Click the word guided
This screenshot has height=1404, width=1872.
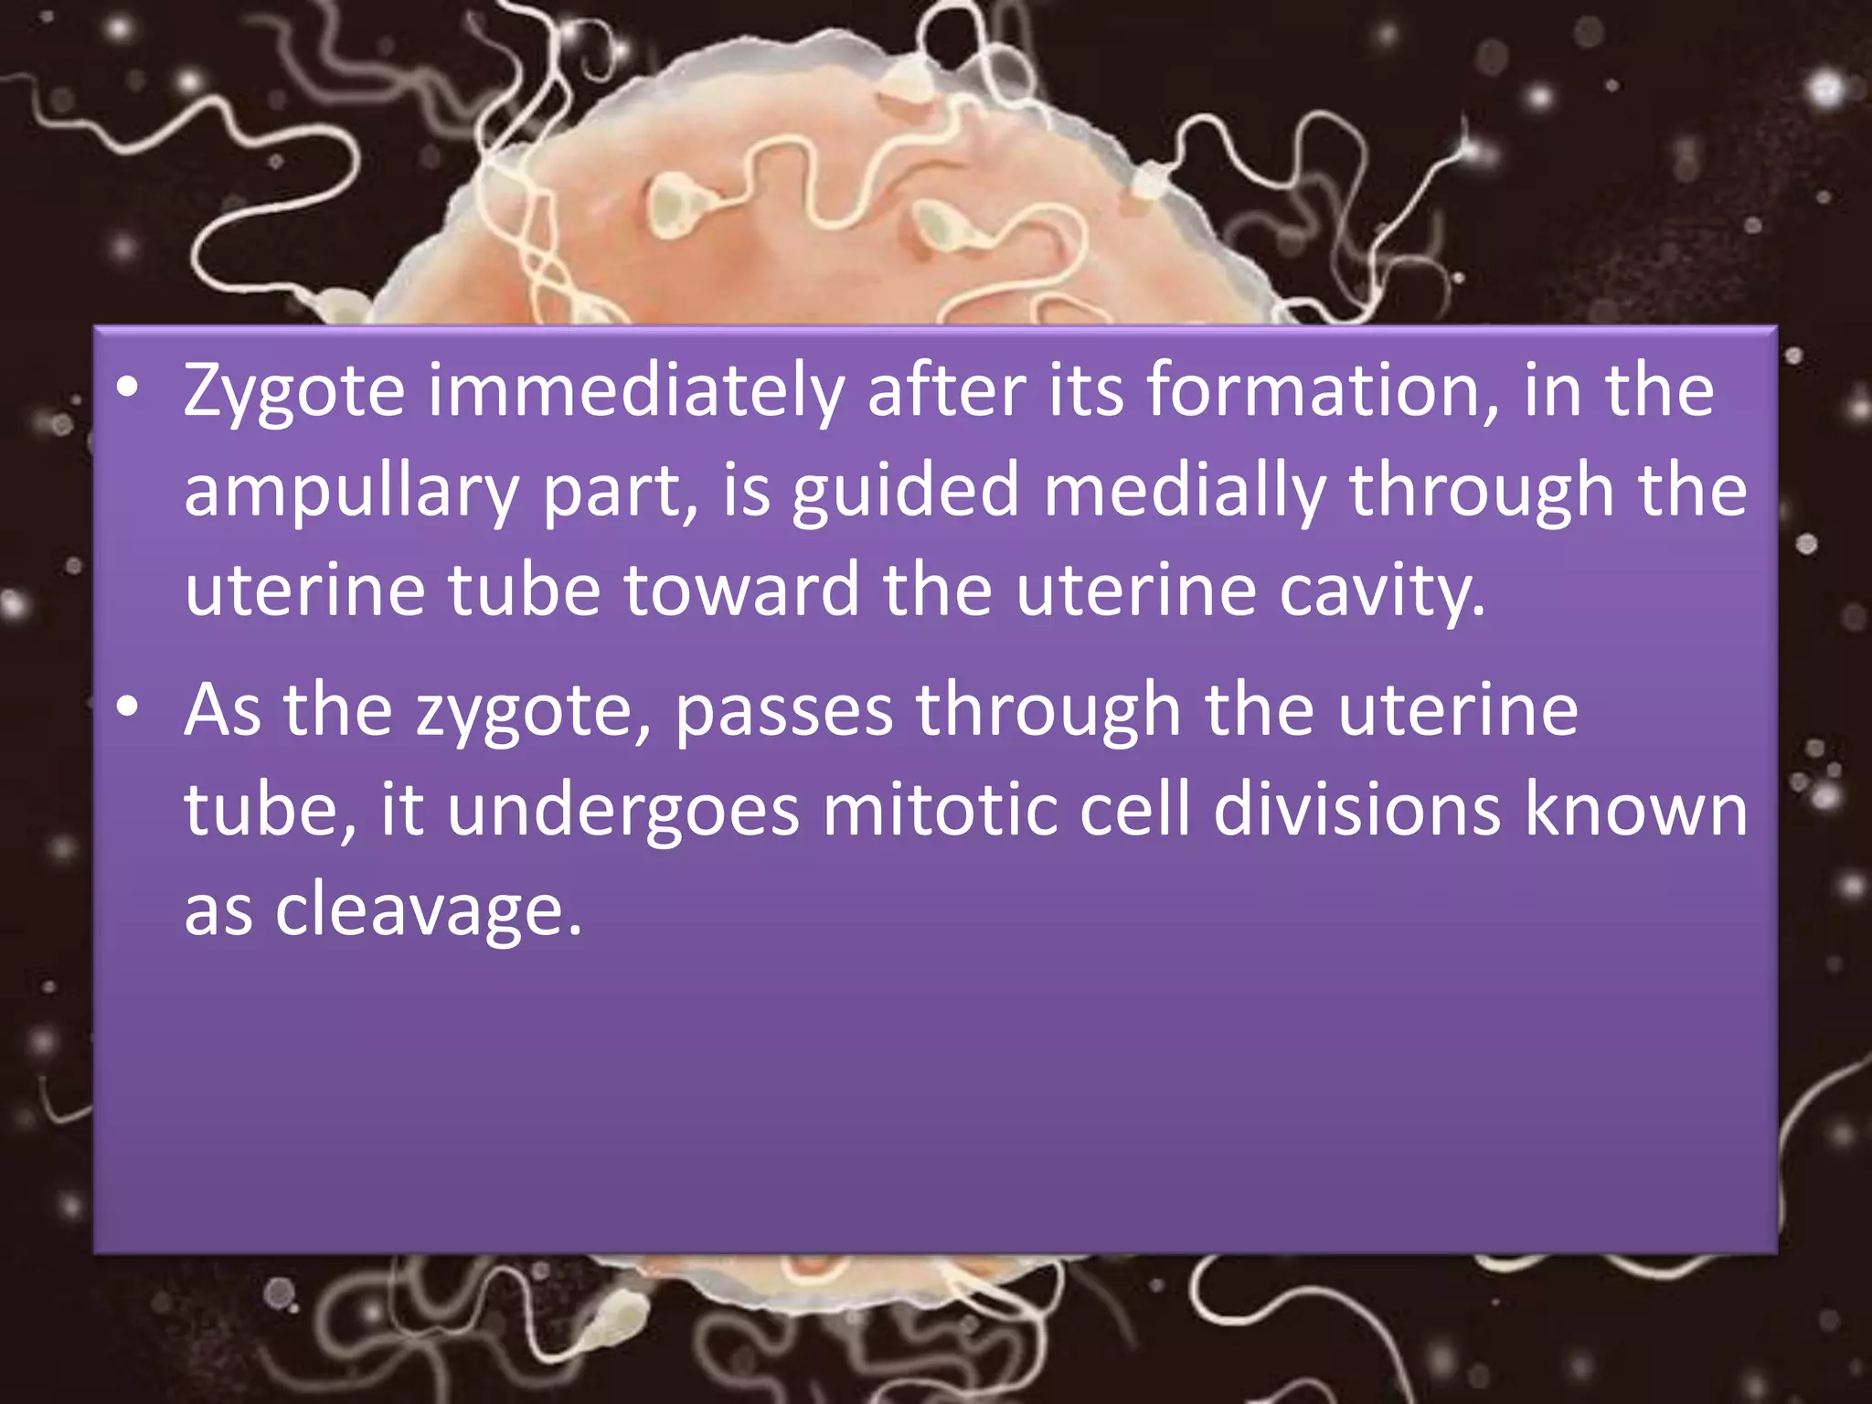point(905,492)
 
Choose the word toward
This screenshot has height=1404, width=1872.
point(741,590)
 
